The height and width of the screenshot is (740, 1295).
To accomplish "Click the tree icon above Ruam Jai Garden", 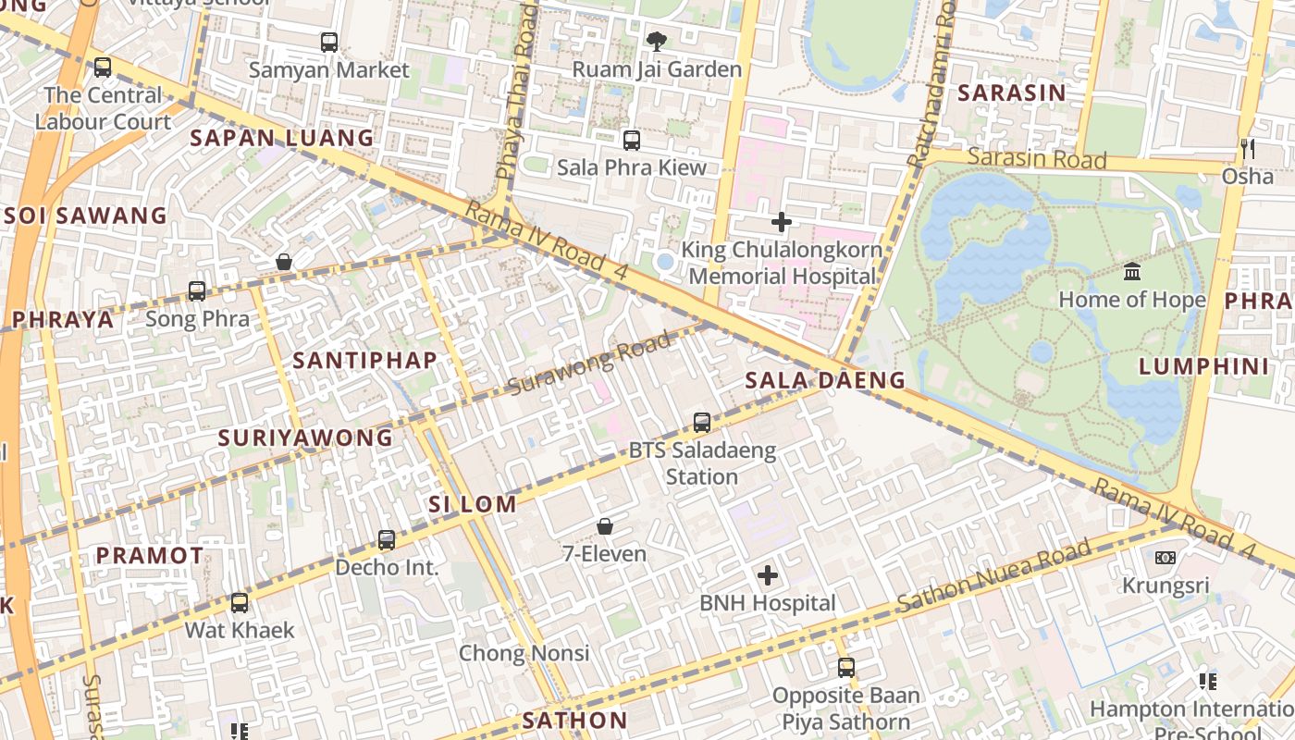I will tap(657, 41).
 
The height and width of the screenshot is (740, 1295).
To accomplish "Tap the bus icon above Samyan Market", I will tap(329, 42).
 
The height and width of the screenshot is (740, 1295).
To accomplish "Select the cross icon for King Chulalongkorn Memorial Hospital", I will tap(782, 222).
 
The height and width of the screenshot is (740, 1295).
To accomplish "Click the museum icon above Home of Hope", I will tap(1132, 272).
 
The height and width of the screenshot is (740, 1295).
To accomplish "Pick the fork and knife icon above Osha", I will tap(1248, 148).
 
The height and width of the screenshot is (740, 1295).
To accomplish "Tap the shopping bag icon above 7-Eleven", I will tap(605, 526).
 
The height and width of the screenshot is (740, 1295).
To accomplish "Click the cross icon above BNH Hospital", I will tap(768, 575).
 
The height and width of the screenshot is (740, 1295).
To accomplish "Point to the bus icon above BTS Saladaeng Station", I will tap(702, 423).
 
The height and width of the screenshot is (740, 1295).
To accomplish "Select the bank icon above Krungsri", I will tap(1165, 558).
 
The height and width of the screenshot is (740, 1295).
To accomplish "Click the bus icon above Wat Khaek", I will tap(240, 603).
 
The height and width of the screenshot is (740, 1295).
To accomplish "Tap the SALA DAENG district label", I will tap(825, 380).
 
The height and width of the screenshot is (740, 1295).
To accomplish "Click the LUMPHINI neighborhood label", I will tap(1203, 366).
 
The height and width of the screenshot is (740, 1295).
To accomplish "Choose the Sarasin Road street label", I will tap(1036, 159).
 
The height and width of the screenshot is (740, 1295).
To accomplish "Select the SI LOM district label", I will tap(472, 504).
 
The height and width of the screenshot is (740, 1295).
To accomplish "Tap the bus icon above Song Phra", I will tap(197, 291).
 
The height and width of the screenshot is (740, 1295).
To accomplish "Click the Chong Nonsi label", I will tap(524, 653).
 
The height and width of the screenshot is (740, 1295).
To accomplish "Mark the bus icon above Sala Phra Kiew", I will tap(632, 141).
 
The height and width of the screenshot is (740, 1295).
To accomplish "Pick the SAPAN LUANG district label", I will tap(282, 139).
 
